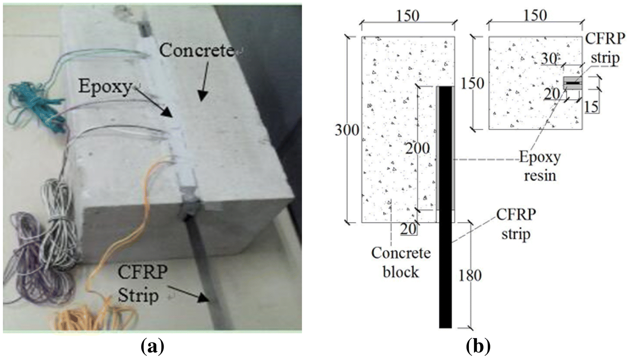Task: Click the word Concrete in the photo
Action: [x=196, y=50]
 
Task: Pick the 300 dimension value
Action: [x=347, y=130]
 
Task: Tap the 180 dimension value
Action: [x=470, y=275]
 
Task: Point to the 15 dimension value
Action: [x=591, y=106]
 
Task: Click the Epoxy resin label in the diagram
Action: [x=540, y=166]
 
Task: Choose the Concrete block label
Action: [x=400, y=262]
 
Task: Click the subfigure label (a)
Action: [x=152, y=347]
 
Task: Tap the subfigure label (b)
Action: [x=479, y=347]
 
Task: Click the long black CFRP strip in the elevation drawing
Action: [x=445, y=252]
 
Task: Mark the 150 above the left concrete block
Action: [x=408, y=16]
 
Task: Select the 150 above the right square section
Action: [x=535, y=16]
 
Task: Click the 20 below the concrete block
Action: [x=408, y=229]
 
